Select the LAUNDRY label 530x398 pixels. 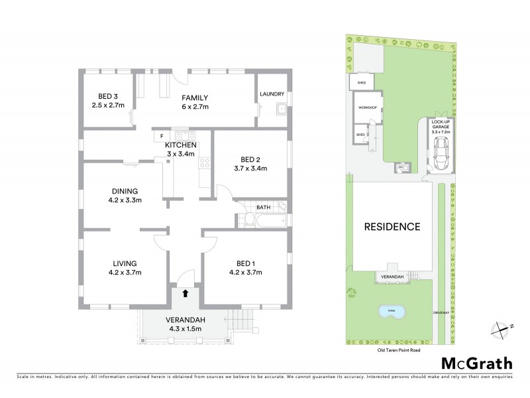pyautogui.click(x=272, y=94)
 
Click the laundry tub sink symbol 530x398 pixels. pyautogui.click(x=282, y=110)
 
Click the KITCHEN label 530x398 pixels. pyautogui.click(x=180, y=145)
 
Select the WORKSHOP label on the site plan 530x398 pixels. pyautogui.click(x=367, y=107)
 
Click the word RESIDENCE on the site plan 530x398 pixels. pyautogui.click(x=392, y=226)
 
